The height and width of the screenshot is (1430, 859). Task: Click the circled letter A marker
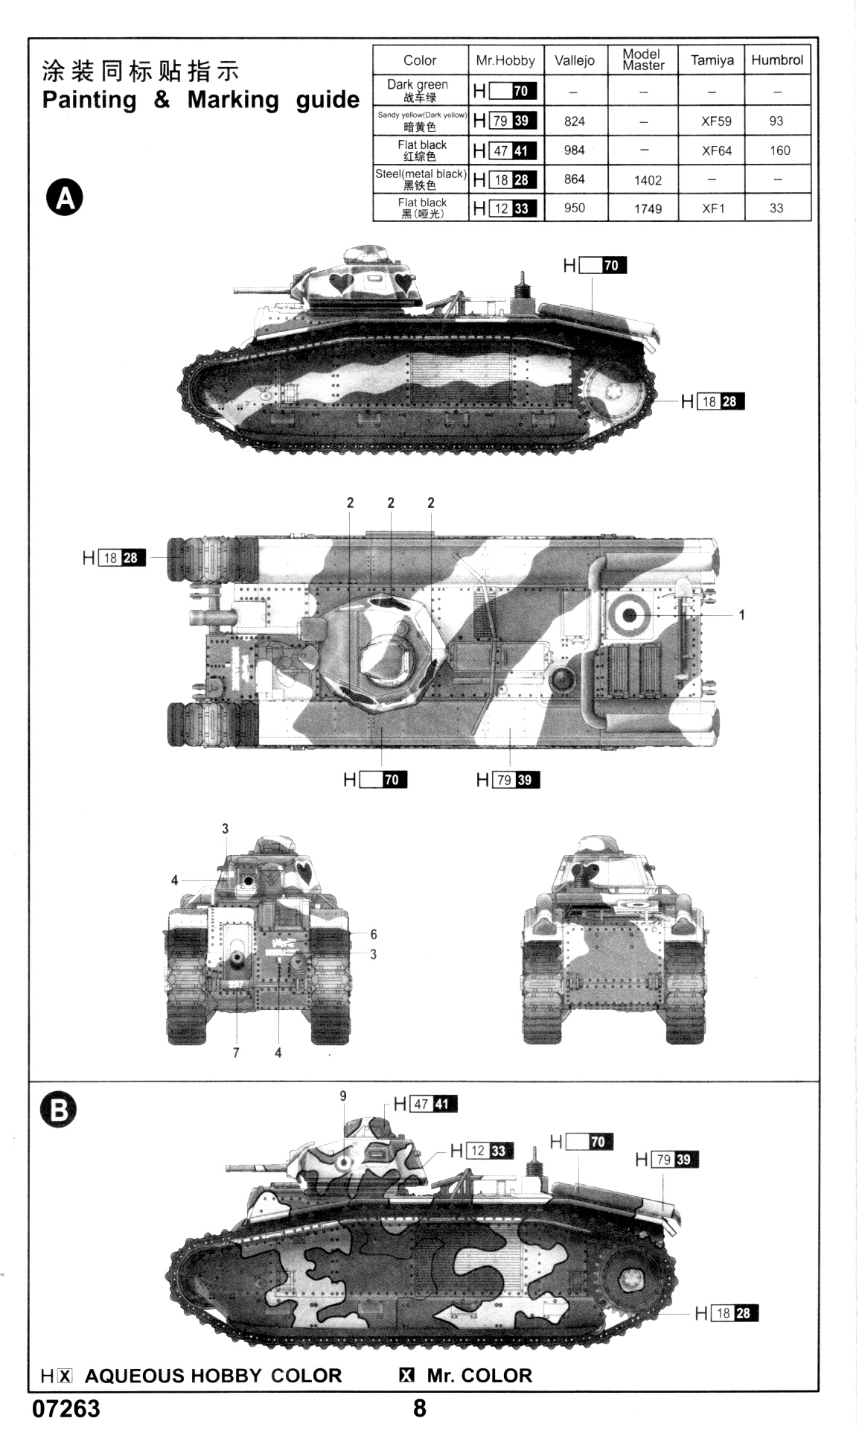click(65, 198)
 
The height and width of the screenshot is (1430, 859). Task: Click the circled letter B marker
click(58, 1110)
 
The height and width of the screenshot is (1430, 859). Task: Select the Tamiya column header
click(712, 60)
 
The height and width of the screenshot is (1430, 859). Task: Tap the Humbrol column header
click(777, 60)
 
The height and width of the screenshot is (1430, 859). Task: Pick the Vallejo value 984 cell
click(574, 150)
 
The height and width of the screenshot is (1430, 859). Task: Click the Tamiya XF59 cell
click(716, 121)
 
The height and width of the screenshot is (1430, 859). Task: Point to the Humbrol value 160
click(779, 150)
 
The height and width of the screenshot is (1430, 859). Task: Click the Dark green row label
click(418, 90)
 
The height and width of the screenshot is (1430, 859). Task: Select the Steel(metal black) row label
click(421, 179)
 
